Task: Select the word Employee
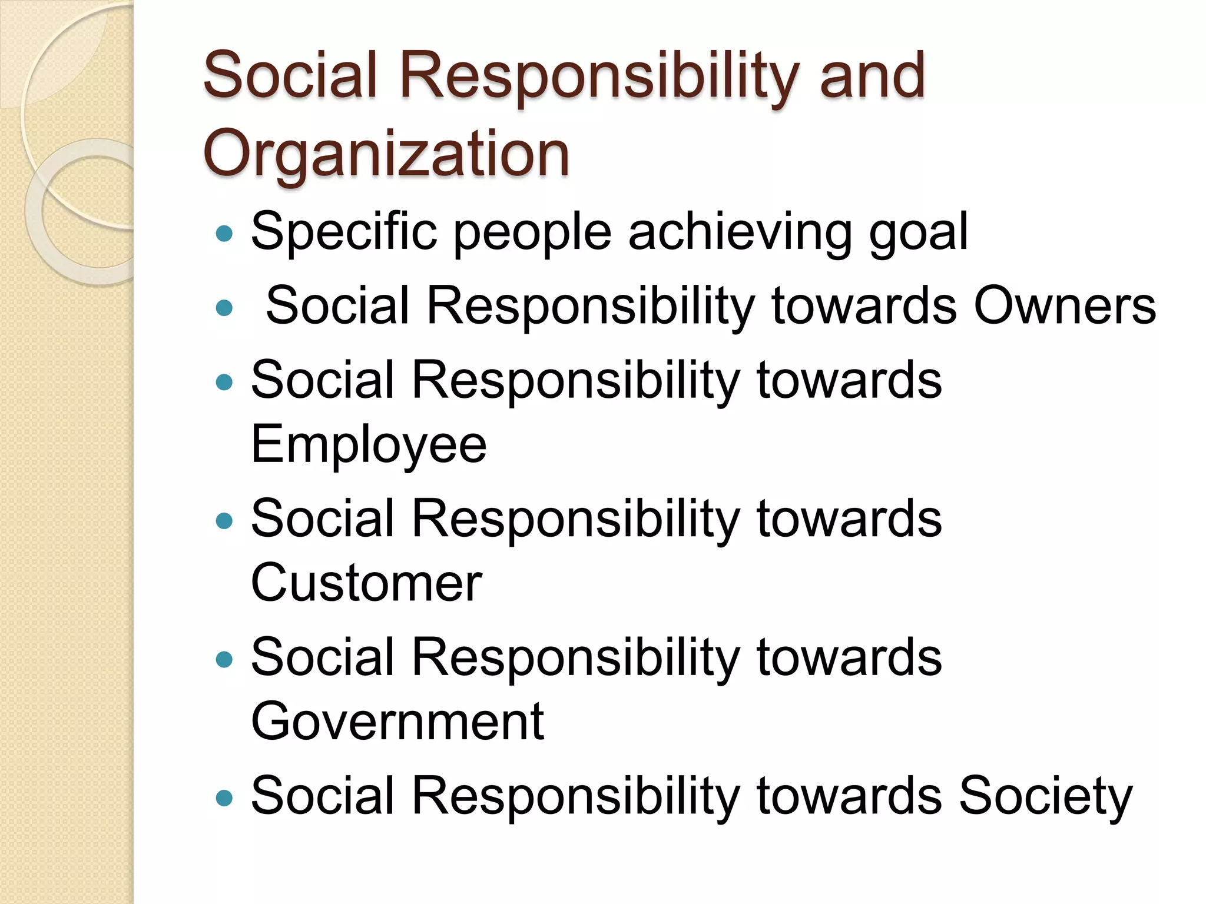click(369, 445)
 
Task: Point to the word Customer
click(366, 583)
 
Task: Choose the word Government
click(397, 721)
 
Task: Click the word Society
click(1045, 796)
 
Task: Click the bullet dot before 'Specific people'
click(224, 234)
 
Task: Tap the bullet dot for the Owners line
click(224, 307)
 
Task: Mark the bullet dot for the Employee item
click(224, 383)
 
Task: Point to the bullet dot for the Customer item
click(224, 520)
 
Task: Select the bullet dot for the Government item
click(224, 659)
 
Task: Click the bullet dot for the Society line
click(224, 797)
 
